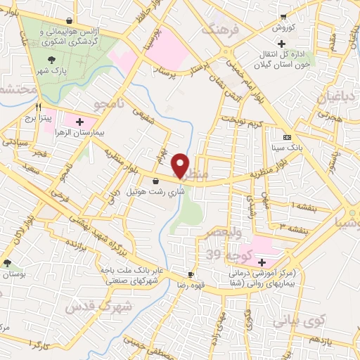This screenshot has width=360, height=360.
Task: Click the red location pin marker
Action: point(181,166)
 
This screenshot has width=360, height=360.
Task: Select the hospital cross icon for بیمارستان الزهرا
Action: point(79,122)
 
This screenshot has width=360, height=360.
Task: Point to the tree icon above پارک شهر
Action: point(53,60)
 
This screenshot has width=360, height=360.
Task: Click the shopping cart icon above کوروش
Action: point(283,18)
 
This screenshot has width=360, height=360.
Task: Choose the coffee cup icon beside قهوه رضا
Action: point(190,274)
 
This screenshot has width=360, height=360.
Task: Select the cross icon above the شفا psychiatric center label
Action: point(262,261)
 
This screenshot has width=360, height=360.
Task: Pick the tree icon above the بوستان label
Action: point(8,262)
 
